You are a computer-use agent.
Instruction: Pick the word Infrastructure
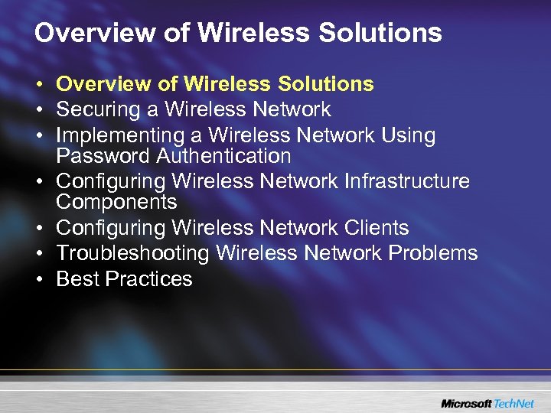408,181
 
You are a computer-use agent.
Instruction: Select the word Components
116,202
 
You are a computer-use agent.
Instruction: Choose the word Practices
149,278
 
